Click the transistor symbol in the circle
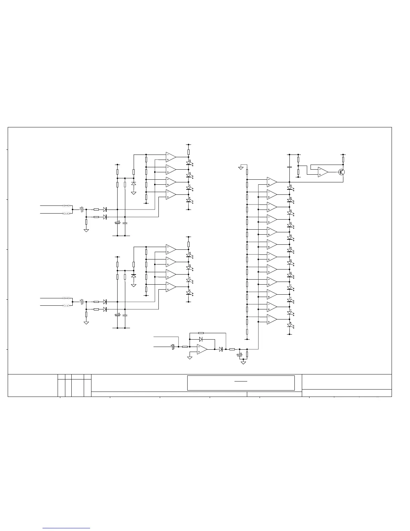[x=341, y=172]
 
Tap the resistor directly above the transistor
[x=343, y=160]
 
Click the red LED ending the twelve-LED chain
[x=289, y=325]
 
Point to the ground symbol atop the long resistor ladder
[x=241, y=167]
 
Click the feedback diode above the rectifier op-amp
[x=201, y=339]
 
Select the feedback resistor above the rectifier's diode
[x=201, y=333]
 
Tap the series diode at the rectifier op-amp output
[x=220, y=349]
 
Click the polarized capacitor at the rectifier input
[x=173, y=347]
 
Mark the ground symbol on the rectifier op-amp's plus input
[x=190, y=358]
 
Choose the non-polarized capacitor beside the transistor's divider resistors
[x=289, y=167]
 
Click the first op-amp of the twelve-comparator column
[x=272, y=182]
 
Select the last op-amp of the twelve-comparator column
[x=272, y=319]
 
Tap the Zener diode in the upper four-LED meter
[x=134, y=184]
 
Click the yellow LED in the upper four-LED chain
[x=189, y=188]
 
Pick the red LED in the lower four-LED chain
[x=189, y=293]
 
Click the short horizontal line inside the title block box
[x=241, y=381]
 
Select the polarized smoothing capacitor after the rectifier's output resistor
[x=240, y=355]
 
